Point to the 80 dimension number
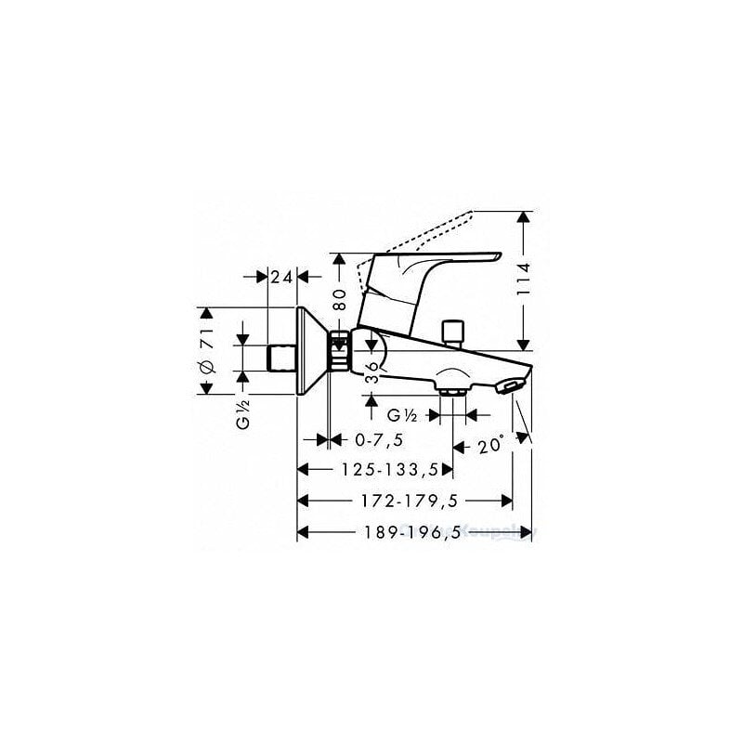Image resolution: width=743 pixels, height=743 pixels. coord(340,299)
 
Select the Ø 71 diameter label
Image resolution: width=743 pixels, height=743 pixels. coord(208,351)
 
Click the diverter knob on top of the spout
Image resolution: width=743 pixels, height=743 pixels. coord(454,331)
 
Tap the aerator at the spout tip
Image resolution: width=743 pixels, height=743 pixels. coord(512,385)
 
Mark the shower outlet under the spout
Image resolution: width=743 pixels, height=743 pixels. coord(453,390)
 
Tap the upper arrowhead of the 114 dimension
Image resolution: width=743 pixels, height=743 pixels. coord(524,218)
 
